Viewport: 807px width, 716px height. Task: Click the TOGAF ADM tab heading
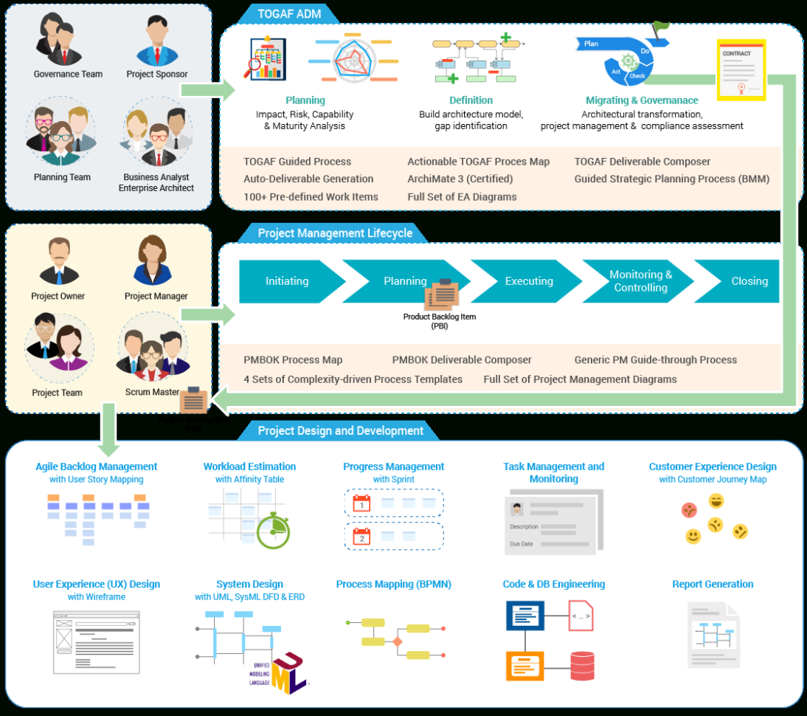tap(288, 13)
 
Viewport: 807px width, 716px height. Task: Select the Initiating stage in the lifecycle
tap(287, 281)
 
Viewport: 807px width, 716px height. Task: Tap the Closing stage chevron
tap(749, 281)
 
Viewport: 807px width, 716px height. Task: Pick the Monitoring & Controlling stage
tap(640, 281)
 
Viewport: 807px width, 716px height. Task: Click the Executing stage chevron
tap(528, 281)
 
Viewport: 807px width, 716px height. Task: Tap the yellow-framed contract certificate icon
tap(741, 70)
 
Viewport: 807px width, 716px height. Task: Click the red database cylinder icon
tap(582, 666)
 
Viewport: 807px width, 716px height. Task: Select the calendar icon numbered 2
tap(361, 537)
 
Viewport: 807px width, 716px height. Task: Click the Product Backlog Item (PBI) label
tap(440, 321)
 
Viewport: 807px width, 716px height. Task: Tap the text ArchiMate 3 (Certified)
tap(460, 179)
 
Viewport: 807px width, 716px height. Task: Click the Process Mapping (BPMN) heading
tap(393, 584)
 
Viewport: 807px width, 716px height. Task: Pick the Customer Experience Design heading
tap(713, 467)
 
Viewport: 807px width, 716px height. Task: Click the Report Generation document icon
tap(713, 635)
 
